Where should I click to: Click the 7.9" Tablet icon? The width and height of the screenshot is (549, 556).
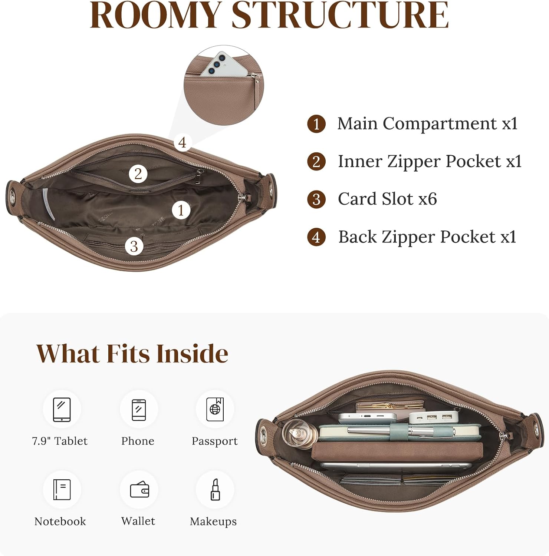click(62, 410)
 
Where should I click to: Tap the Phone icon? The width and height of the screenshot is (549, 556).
click(139, 410)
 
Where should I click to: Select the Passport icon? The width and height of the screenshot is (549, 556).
click(215, 409)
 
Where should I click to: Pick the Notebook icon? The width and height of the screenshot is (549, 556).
click(62, 489)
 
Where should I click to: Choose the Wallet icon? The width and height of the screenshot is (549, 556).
click(139, 489)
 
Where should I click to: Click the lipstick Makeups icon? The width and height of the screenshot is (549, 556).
click(215, 489)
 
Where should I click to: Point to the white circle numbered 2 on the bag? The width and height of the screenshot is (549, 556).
click(138, 174)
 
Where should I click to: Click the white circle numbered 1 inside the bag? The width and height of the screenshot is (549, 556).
click(181, 210)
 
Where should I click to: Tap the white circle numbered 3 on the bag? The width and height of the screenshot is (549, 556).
click(134, 246)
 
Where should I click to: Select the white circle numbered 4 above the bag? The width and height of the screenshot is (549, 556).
click(182, 142)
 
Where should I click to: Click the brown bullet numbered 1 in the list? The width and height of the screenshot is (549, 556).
click(316, 124)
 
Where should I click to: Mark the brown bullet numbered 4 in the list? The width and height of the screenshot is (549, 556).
click(316, 237)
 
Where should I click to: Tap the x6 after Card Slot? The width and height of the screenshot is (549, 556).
click(428, 199)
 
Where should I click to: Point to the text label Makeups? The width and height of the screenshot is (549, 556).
click(213, 522)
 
